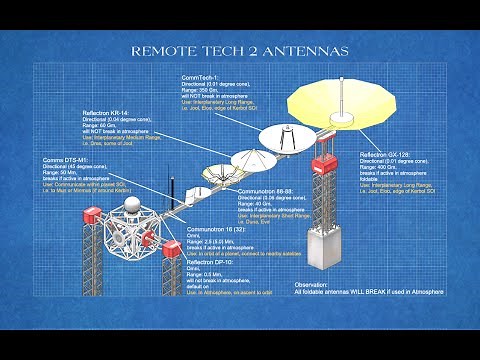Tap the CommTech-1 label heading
coord(199,79)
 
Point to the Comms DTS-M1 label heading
coord(63,160)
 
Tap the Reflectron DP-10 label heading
coord(210,261)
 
